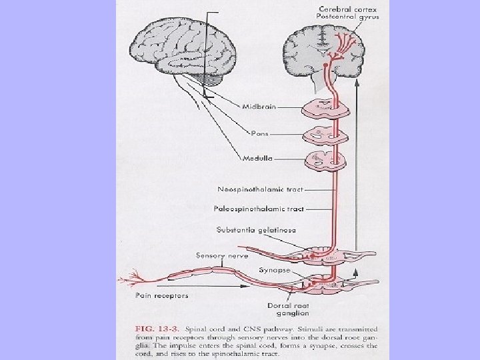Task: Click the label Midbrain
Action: point(257,106)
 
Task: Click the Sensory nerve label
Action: point(221,255)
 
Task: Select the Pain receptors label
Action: point(161,295)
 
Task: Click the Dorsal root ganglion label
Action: point(288,309)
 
